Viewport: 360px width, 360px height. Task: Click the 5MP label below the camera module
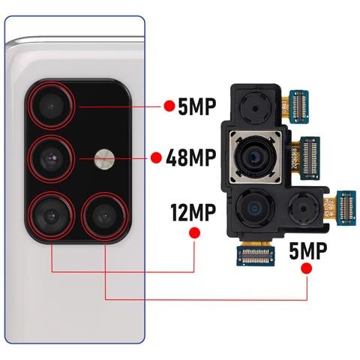pyautogui.click(x=307, y=251)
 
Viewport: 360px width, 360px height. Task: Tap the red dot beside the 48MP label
pyautogui.click(x=156, y=158)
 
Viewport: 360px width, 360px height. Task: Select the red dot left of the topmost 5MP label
pyautogui.click(x=169, y=106)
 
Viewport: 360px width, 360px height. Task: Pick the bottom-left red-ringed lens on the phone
pyautogui.click(x=51, y=214)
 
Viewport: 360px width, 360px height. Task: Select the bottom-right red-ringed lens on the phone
pyautogui.click(x=101, y=214)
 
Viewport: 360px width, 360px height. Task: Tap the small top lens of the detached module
pyautogui.click(x=254, y=109)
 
